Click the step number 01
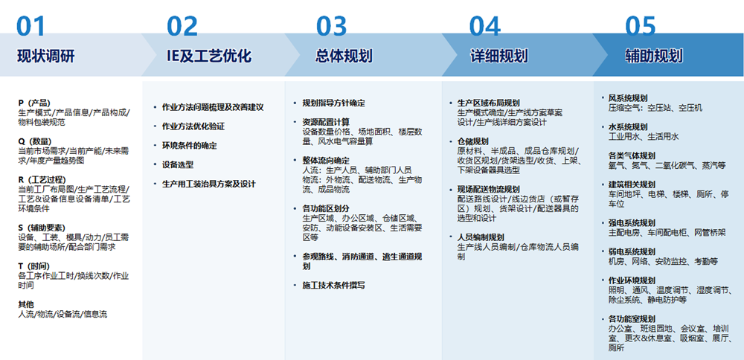[31, 27]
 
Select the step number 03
[332, 27]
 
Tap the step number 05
[640, 27]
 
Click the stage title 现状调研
[46, 57]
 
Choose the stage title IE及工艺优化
[209, 57]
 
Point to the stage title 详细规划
[498, 57]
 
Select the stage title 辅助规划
[654, 57]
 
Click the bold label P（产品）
[35, 103]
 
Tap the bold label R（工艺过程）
[42, 179]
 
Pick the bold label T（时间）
[33, 266]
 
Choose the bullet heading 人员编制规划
[481, 237]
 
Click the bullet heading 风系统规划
[628, 98]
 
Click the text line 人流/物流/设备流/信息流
[62, 314]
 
